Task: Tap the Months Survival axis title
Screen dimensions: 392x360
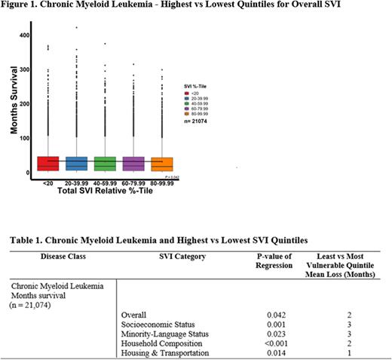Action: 14,105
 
